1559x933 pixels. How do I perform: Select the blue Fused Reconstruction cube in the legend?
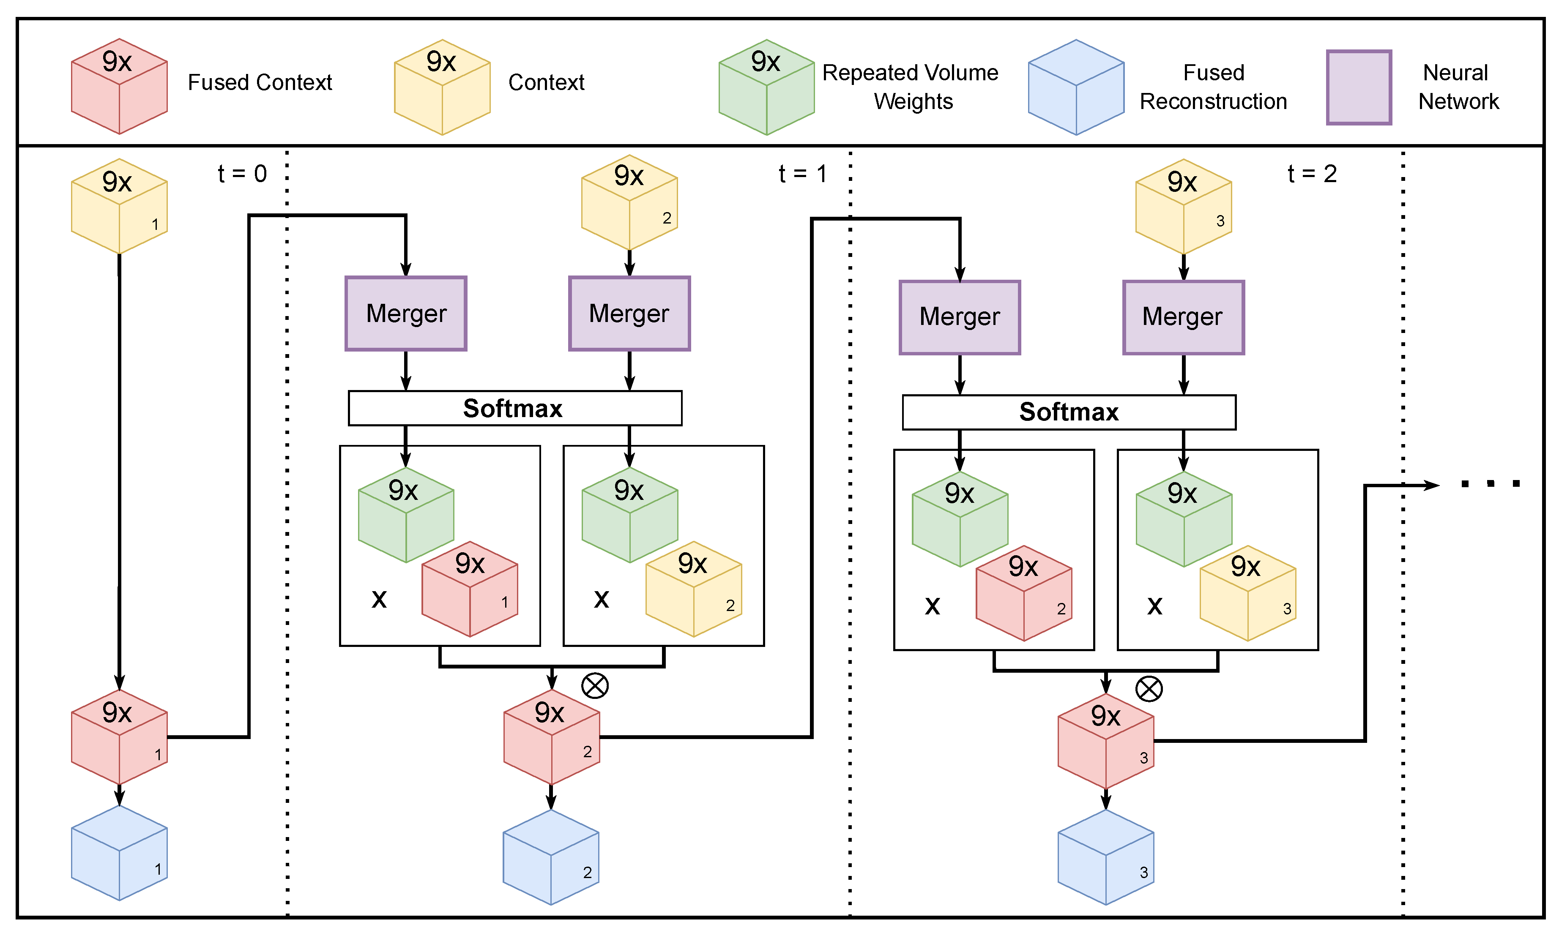1075,87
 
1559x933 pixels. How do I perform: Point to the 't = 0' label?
242,174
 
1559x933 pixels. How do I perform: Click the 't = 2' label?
1311,174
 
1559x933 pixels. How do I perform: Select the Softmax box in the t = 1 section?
514,408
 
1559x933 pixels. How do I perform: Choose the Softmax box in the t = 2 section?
1069,412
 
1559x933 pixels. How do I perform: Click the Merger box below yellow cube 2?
629,313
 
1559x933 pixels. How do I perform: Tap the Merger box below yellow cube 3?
1183,317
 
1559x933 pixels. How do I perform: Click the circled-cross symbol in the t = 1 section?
594,685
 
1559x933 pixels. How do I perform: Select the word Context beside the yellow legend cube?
546,82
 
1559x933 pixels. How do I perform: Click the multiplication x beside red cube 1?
379,598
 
